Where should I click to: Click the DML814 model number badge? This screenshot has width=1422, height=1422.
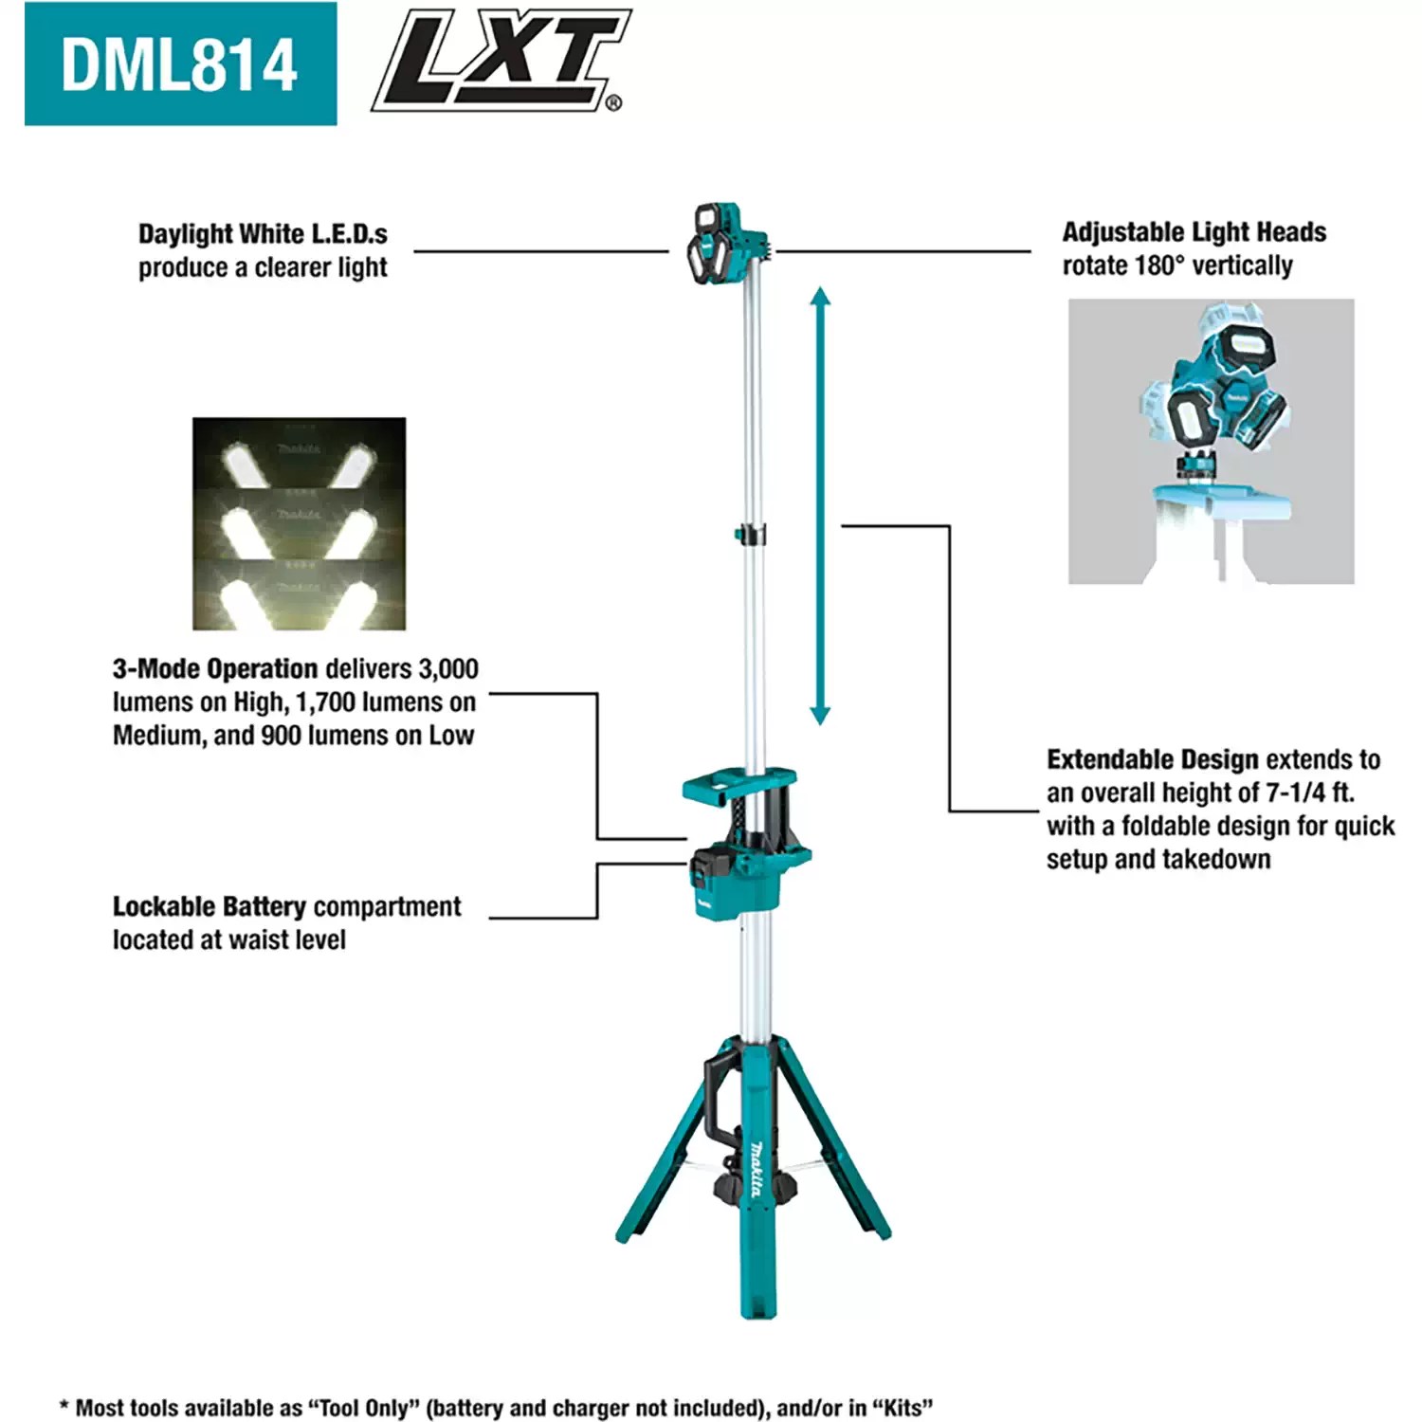click(x=180, y=64)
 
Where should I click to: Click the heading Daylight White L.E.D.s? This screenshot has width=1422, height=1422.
click(x=263, y=233)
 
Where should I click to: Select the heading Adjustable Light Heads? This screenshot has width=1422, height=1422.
click(x=1194, y=232)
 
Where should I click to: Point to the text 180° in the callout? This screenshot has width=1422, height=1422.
click(x=1155, y=265)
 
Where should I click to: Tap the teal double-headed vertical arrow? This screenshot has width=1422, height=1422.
click(x=820, y=506)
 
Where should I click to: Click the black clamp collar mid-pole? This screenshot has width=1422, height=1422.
click(x=752, y=536)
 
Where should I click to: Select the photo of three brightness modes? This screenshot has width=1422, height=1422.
click(x=299, y=523)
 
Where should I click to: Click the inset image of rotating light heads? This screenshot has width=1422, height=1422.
click(x=1211, y=441)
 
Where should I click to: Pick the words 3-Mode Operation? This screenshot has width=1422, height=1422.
click(x=215, y=669)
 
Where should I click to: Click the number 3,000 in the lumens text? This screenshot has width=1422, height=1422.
click(x=448, y=669)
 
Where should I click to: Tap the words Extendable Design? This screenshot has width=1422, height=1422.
click(x=1152, y=760)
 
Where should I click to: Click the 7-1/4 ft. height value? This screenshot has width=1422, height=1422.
click(x=1309, y=793)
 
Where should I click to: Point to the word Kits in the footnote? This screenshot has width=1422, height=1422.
click(x=901, y=1408)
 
